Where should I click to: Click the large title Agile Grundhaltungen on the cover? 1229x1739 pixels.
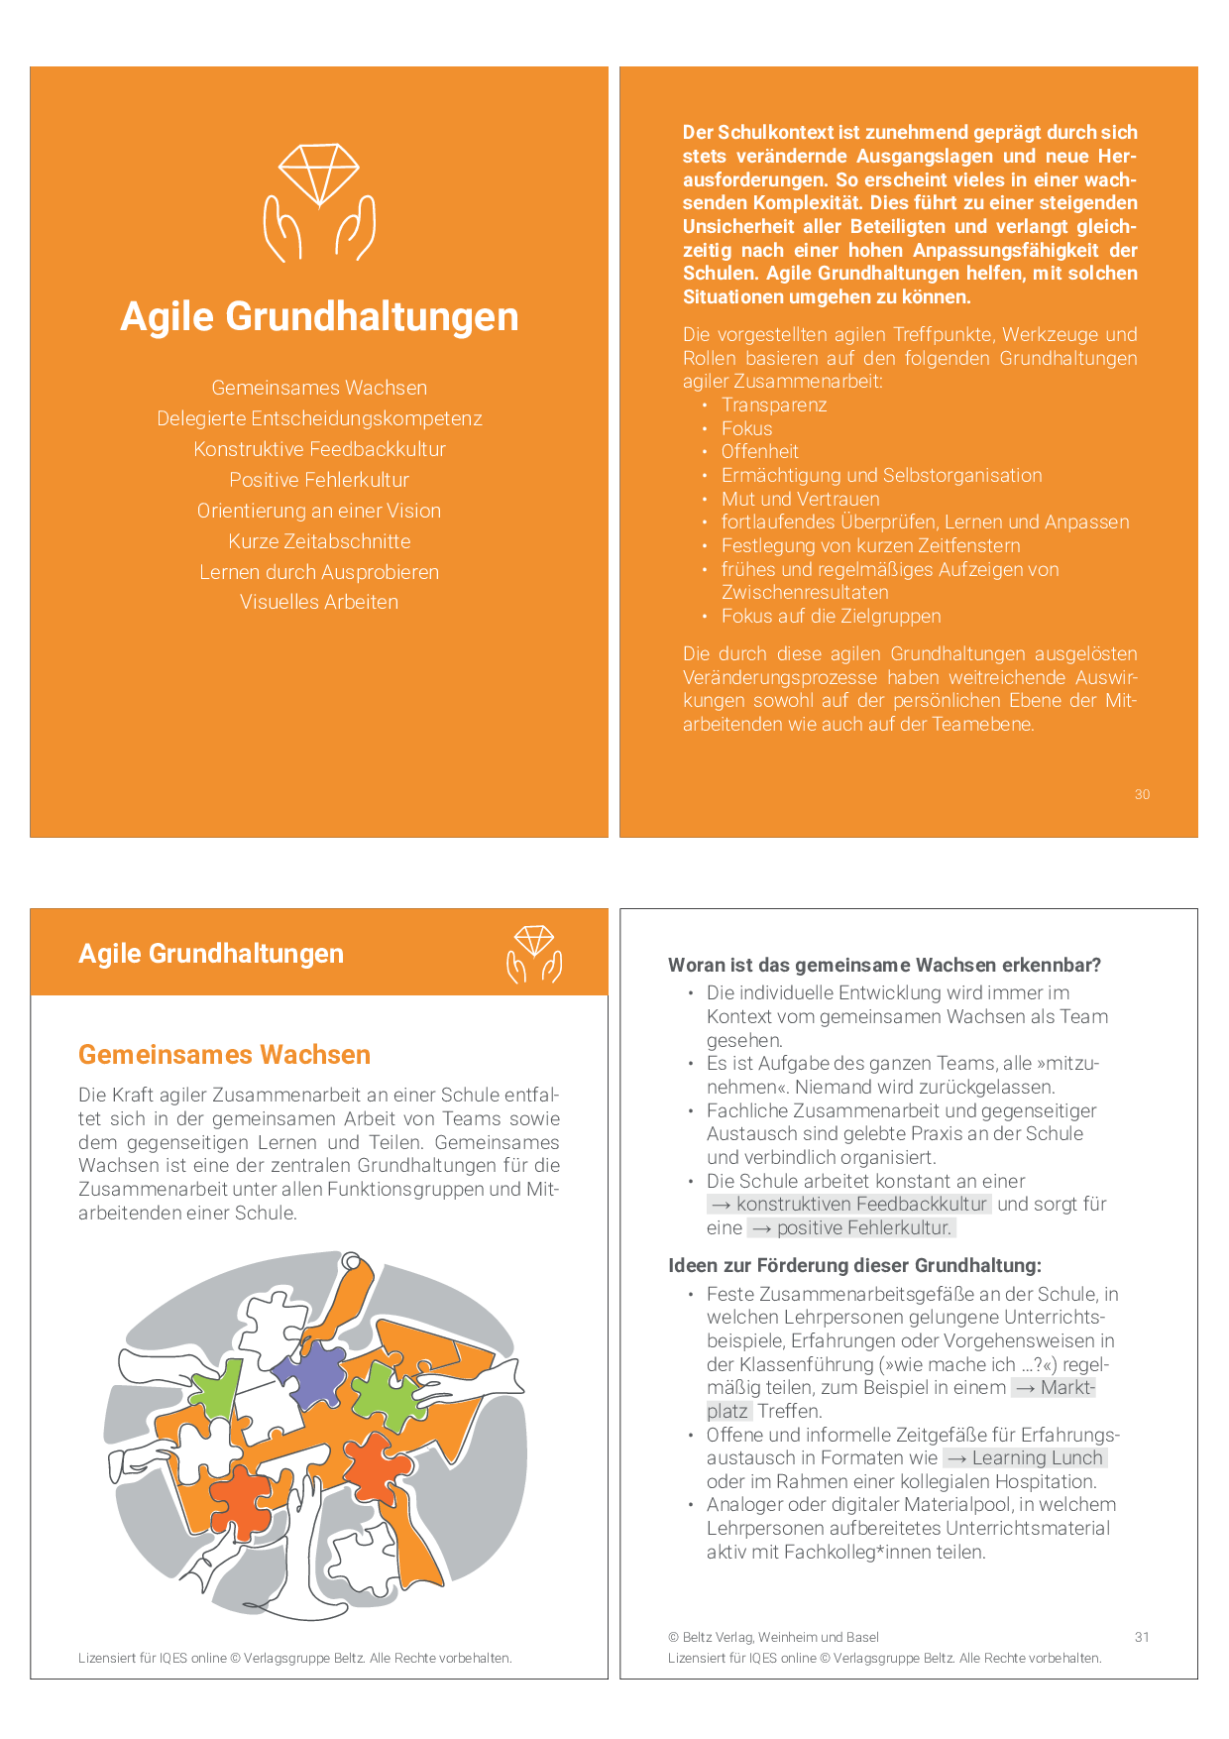pyautogui.click(x=319, y=317)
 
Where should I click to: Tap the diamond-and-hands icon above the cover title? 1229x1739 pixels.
pyautogui.click(x=319, y=202)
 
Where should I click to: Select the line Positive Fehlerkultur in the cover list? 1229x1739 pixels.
pyautogui.click(x=319, y=480)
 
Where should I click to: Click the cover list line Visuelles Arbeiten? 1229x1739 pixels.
pyautogui.click(x=319, y=602)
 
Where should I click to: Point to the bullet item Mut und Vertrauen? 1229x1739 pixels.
pyautogui.click(x=800, y=499)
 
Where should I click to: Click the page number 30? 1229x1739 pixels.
pyautogui.click(x=1142, y=794)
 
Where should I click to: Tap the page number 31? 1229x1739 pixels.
pyautogui.click(x=1142, y=1637)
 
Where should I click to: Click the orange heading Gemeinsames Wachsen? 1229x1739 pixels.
pyautogui.click(x=224, y=1055)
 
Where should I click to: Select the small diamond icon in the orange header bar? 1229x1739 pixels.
pyautogui.click(x=534, y=954)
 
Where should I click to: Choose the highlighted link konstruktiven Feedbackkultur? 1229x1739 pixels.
pyautogui.click(x=850, y=1204)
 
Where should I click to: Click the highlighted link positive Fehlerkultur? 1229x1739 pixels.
pyautogui.click(x=852, y=1227)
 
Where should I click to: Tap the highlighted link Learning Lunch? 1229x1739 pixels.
pyautogui.click(x=1025, y=1457)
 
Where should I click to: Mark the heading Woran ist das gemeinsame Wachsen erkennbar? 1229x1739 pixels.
pyautogui.click(x=884, y=965)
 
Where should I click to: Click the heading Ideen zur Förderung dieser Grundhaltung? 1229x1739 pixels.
pyautogui.click(x=854, y=1265)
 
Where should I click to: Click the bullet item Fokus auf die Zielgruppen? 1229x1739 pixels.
pyautogui.click(x=831, y=616)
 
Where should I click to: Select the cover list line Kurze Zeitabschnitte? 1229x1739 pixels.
pyautogui.click(x=319, y=541)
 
